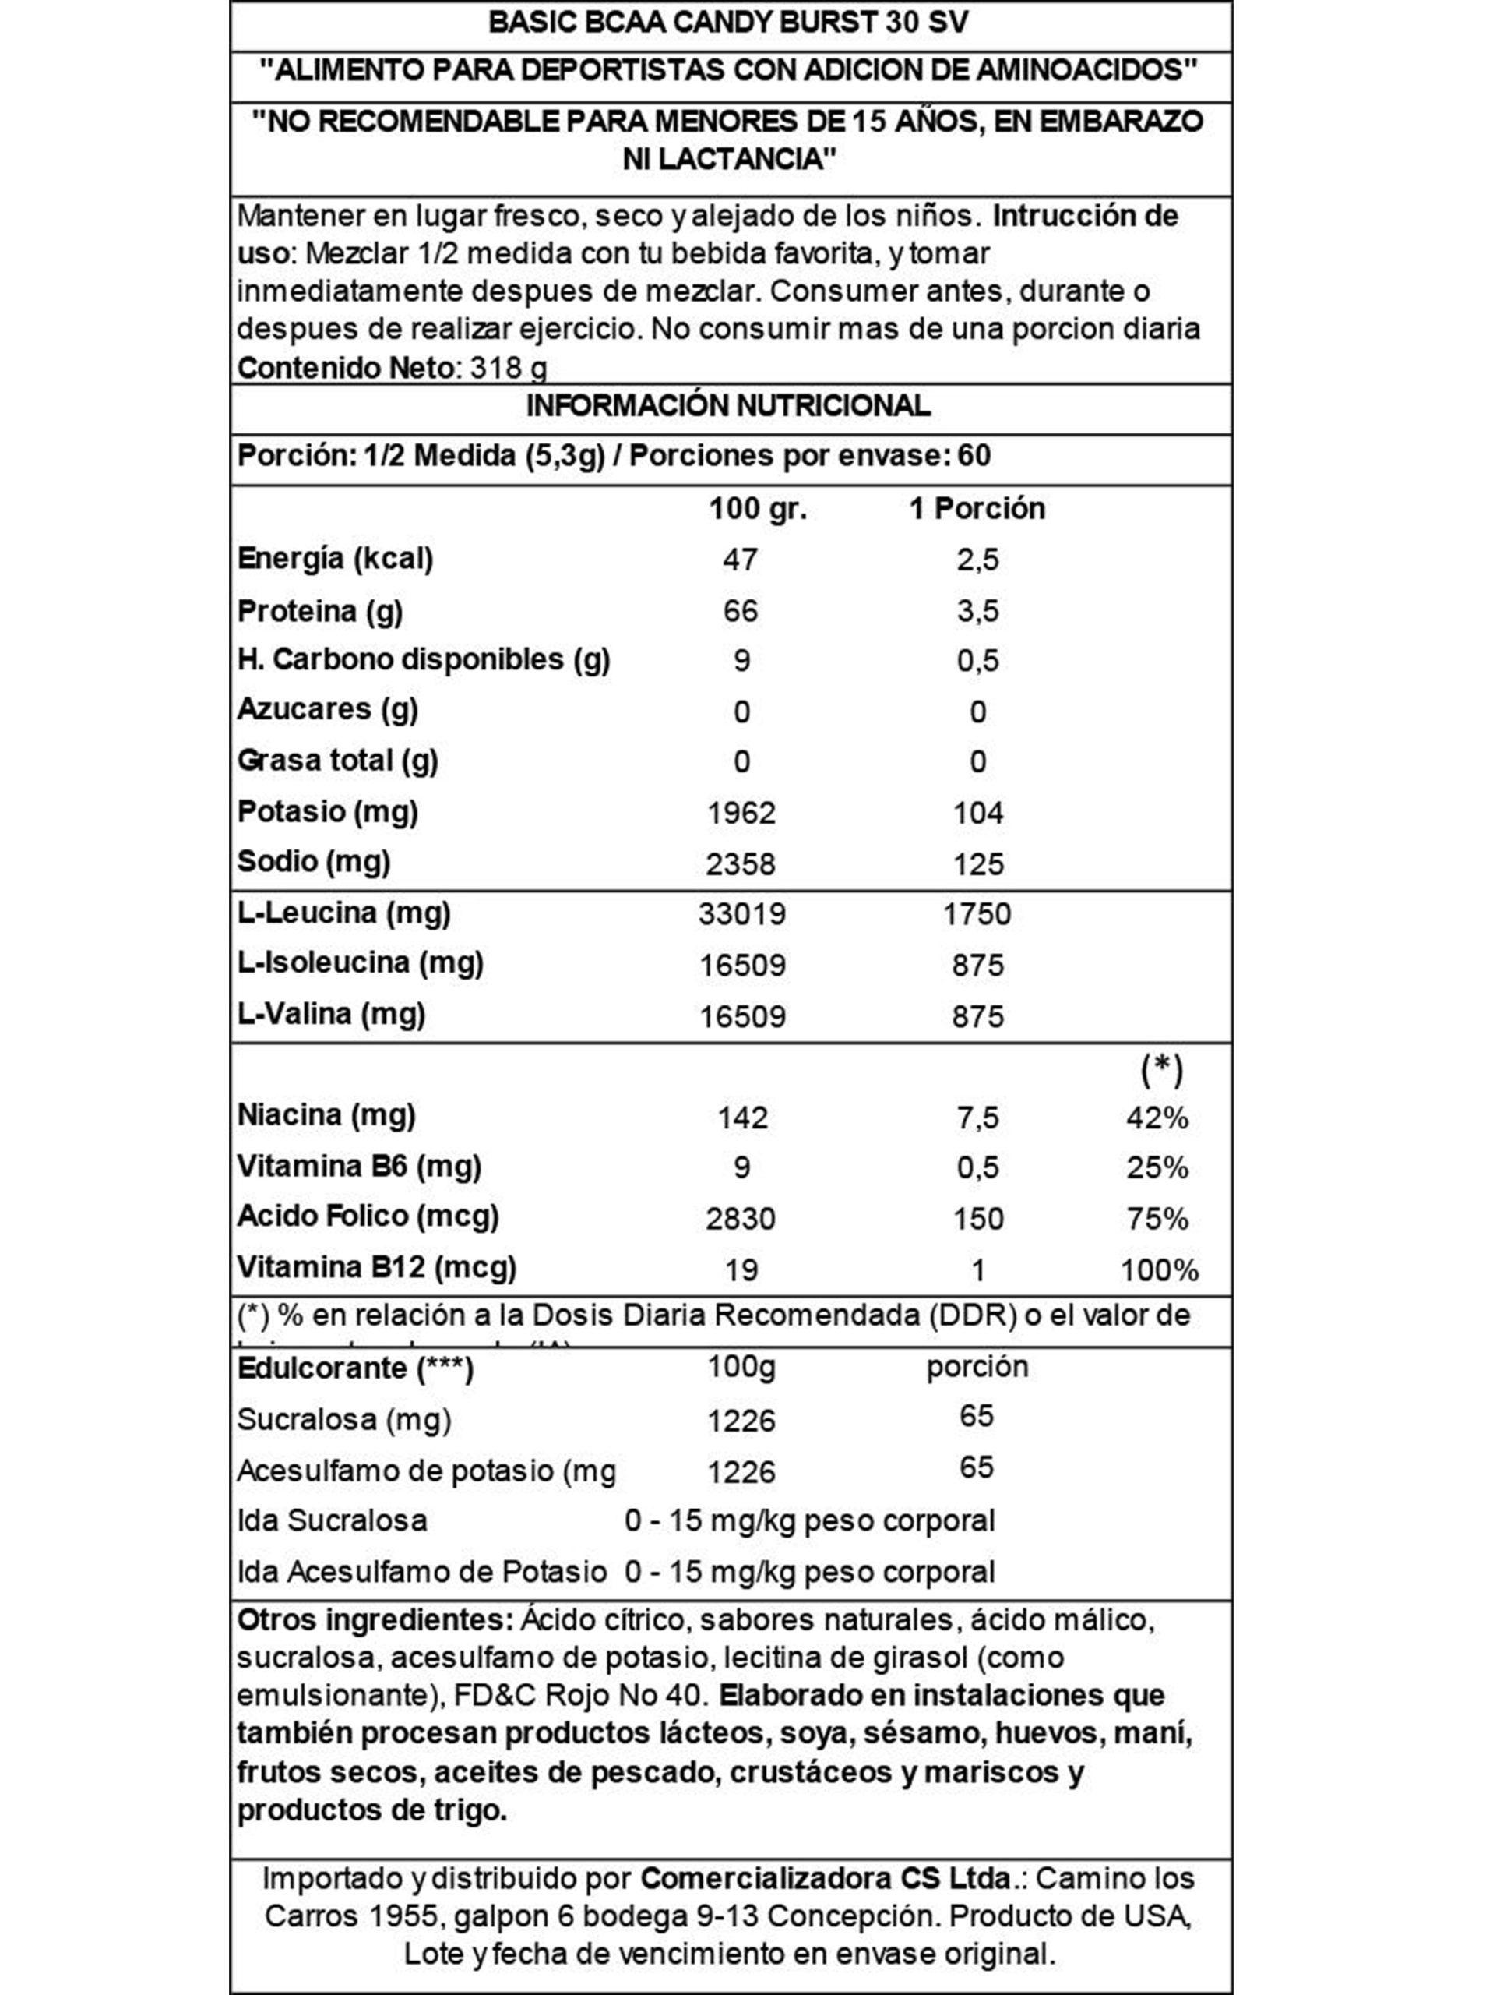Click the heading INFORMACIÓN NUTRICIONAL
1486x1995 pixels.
click(x=727, y=406)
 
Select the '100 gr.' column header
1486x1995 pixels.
click(x=757, y=510)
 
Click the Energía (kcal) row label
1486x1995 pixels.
click(x=335, y=559)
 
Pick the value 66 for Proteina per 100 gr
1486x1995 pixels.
click(x=741, y=611)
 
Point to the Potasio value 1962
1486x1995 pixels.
click(x=741, y=814)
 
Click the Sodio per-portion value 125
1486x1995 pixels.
click(x=977, y=865)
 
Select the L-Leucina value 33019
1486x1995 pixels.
click(x=742, y=914)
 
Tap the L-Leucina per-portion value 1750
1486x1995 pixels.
click(x=977, y=914)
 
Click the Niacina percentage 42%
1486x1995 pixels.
click(x=1157, y=1118)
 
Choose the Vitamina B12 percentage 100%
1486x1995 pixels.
click(x=1159, y=1270)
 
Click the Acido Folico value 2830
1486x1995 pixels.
click(x=741, y=1218)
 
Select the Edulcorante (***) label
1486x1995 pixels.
click(x=354, y=1368)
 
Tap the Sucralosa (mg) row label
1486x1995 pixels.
click(x=343, y=1420)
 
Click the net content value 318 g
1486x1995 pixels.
click(x=509, y=368)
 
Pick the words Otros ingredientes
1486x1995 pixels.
click(x=374, y=1619)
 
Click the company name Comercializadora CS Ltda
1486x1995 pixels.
click(x=826, y=1879)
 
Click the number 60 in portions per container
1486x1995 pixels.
click(x=974, y=456)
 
